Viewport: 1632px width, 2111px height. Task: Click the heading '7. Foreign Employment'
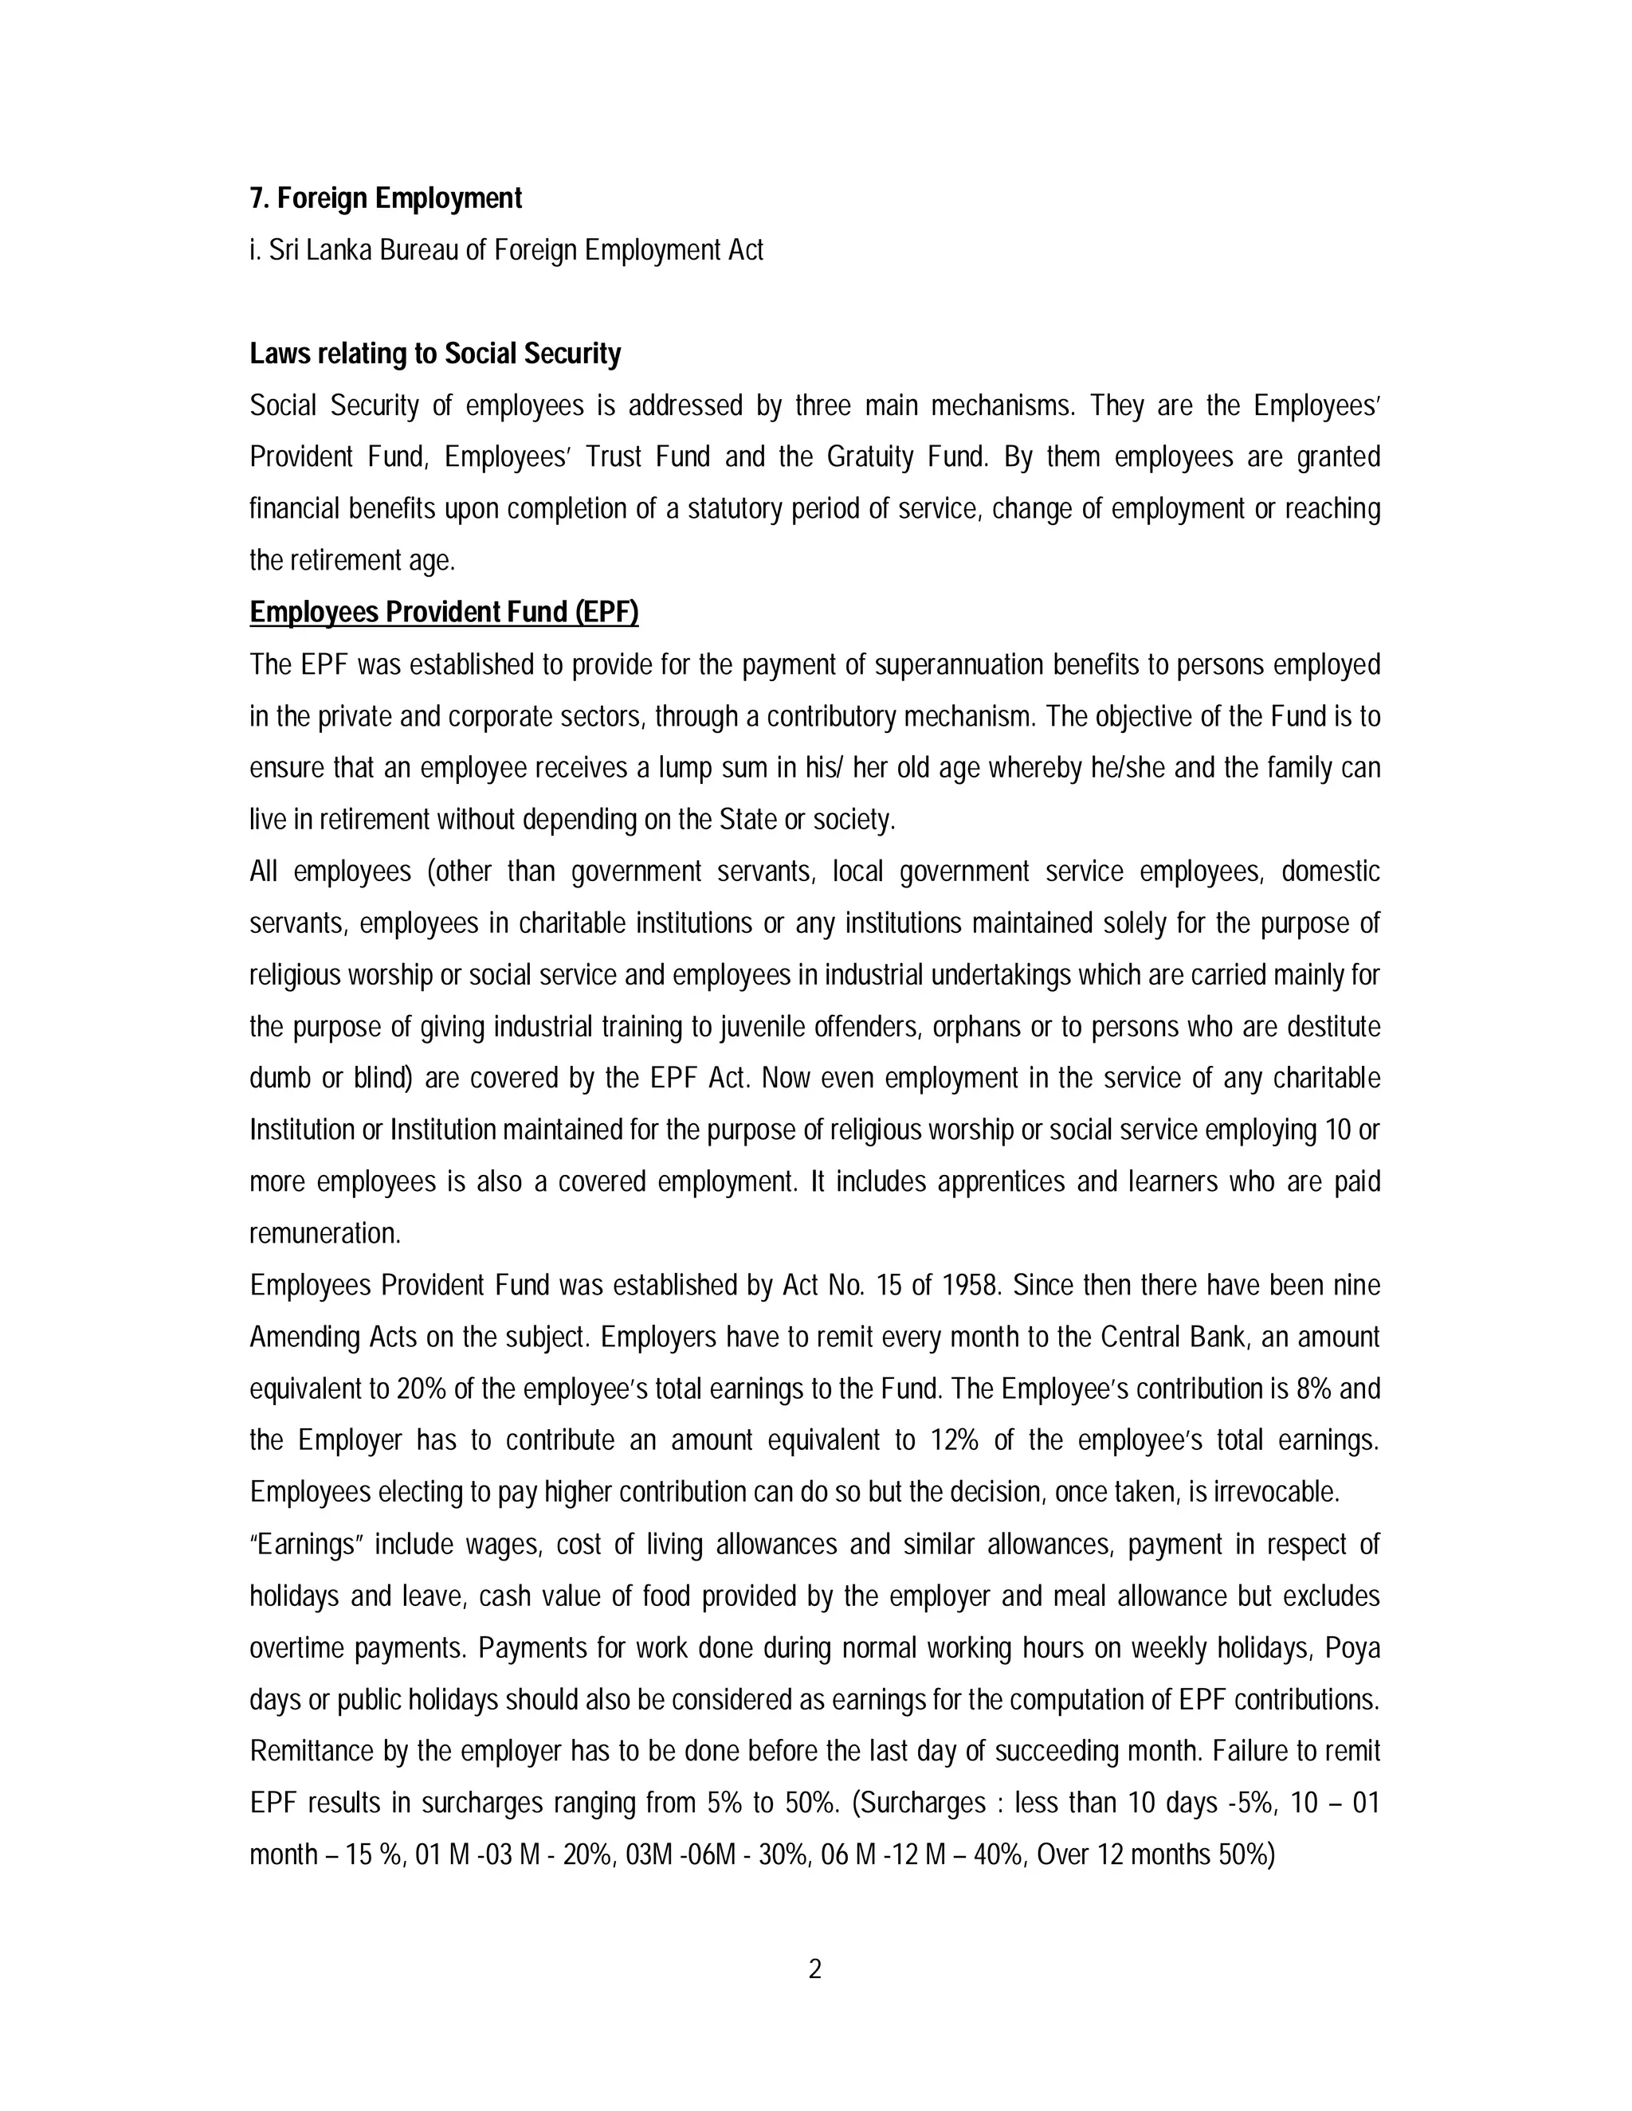385,198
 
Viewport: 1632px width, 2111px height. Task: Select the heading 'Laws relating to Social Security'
434,354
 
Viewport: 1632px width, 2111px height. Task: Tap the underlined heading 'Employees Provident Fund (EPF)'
444,613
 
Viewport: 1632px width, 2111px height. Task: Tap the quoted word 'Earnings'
305,1545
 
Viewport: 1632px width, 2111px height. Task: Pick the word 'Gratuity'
869,457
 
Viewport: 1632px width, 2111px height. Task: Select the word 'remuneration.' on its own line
325,1234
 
